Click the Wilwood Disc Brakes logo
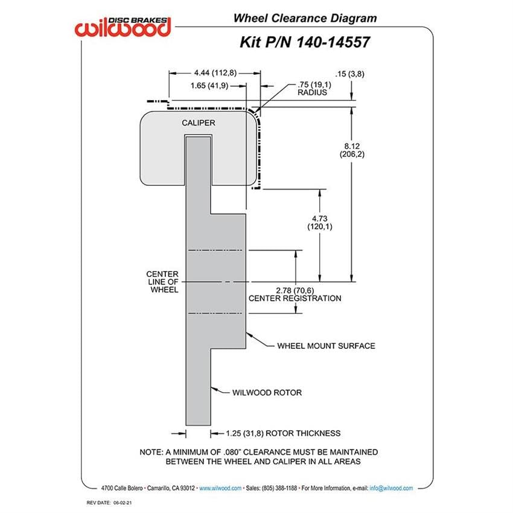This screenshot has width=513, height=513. pyautogui.click(x=123, y=27)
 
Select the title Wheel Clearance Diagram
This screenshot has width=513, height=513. pyautogui.click(x=305, y=18)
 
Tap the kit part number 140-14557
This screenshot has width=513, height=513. pyautogui.click(x=333, y=42)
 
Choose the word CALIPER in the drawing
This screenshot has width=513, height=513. pyautogui.click(x=199, y=123)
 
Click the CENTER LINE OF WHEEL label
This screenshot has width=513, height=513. pyautogui.click(x=162, y=282)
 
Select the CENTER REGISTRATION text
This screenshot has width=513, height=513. pyautogui.click(x=295, y=298)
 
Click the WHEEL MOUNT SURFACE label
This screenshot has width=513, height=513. pyautogui.click(x=326, y=346)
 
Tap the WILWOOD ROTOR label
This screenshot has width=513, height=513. pyautogui.click(x=267, y=393)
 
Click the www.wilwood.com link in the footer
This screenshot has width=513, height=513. pyautogui.click(x=220, y=488)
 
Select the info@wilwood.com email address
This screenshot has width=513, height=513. pyautogui.click(x=391, y=488)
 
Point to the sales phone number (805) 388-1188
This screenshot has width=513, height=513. pyautogui.click(x=279, y=488)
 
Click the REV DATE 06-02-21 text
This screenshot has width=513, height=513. pyautogui.click(x=109, y=503)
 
